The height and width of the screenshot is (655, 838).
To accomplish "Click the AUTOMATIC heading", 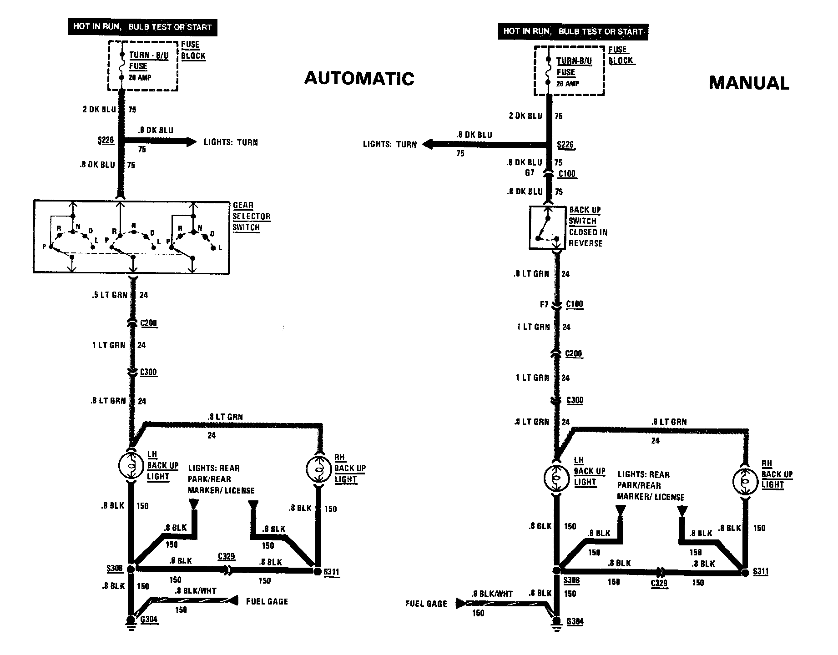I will pos(359,78).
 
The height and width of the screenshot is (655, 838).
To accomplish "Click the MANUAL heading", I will pos(749,83).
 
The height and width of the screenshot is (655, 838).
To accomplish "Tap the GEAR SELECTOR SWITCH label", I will pos(251,217).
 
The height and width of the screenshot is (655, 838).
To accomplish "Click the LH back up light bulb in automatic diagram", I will pos(131,465).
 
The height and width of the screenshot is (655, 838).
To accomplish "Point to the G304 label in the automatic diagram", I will pos(149,619).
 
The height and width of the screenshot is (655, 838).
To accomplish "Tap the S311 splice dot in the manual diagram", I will pos(745,573).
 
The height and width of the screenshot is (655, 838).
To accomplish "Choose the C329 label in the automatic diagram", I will pos(226,556).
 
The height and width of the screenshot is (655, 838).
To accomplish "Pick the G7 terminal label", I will pos(530,173).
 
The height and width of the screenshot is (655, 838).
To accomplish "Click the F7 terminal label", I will pos(544,304).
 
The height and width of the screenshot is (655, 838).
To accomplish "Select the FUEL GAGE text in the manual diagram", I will pos(426,604).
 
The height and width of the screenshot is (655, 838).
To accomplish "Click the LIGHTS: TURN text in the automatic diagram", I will pos(231,142).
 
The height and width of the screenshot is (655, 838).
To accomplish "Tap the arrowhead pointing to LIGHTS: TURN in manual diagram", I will pos(426,144).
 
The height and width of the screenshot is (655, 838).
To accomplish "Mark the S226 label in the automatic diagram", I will pos(106,140).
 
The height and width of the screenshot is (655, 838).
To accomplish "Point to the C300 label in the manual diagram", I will pos(575,400).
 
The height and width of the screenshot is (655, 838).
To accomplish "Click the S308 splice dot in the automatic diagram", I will pos(131,569).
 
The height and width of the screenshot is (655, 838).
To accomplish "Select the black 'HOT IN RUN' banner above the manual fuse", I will pos(573,31).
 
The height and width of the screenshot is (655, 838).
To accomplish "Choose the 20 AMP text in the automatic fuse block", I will pos(140,77).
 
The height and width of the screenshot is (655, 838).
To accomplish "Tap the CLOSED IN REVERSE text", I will pos(588,238).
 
